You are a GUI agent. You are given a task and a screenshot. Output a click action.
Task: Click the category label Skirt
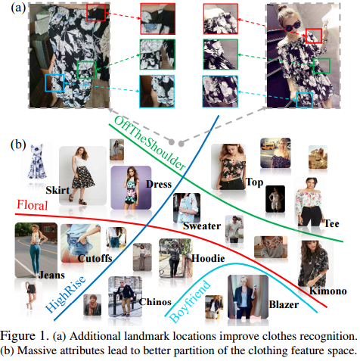pyautogui.click(x=57, y=189)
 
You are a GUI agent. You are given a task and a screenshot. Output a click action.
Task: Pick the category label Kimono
pyautogui.click(x=327, y=291)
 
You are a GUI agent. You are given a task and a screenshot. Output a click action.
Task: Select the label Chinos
pyautogui.click(x=156, y=300)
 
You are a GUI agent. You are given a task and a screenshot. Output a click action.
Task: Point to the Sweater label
pyautogui.click(x=201, y=226)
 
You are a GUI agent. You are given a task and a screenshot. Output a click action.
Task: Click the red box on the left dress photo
pyautogui.click(x=97, y=12)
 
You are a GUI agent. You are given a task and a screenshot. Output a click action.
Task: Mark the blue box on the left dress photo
pyautogui.click(x=54, y=82)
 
